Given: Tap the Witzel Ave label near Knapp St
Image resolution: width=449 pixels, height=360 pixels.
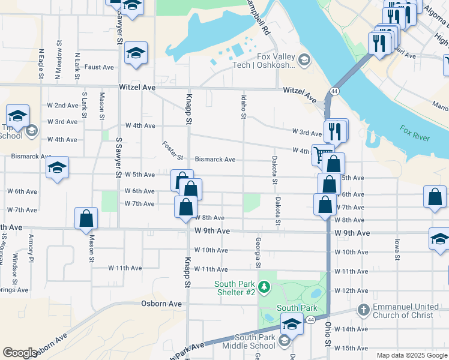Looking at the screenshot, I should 138,88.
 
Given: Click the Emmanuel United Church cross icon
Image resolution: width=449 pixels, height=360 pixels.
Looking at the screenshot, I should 363,310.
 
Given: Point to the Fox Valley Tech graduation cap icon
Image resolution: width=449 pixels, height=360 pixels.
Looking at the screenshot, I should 305,59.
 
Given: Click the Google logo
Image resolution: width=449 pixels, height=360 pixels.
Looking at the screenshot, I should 19,353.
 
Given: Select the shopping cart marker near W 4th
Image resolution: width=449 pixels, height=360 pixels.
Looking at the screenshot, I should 322,155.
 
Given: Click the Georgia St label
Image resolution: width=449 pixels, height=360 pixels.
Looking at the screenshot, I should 258,252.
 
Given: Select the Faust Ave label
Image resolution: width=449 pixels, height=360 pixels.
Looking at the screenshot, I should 99,67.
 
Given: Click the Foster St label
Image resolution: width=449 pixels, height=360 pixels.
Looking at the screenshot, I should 172,151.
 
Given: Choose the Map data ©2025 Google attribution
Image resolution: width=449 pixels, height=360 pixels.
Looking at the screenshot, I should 412,355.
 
